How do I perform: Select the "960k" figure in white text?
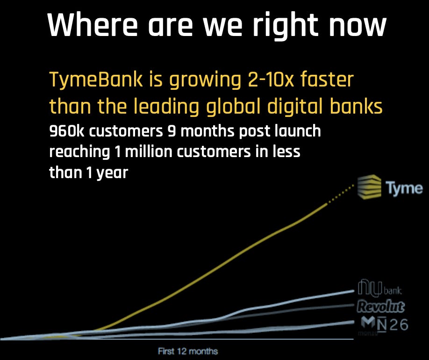[67, 131]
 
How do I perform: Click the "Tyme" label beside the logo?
[404, 188]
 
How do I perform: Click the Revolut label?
[380, 307]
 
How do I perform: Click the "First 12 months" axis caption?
[188, 351]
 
